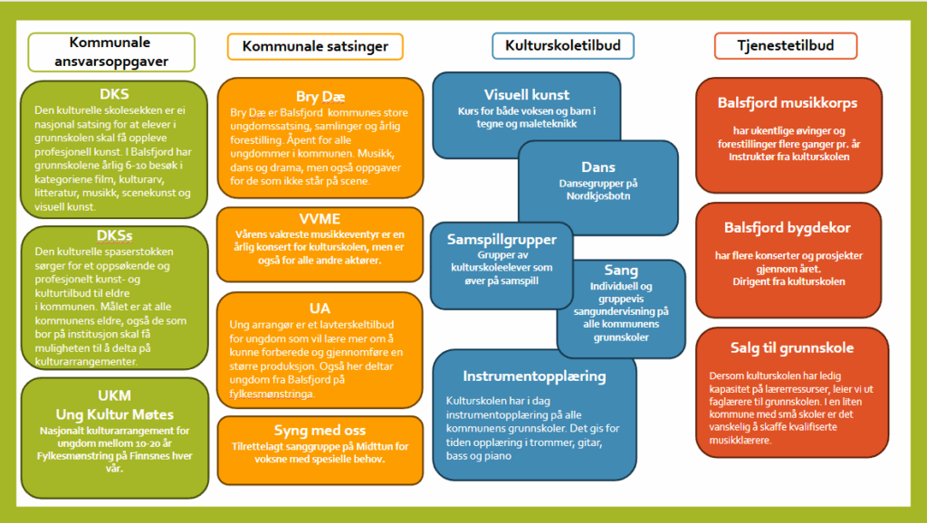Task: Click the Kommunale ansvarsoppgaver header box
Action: [111, 52]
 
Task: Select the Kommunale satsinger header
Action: [315, 46]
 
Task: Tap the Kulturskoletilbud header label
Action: [563, 45]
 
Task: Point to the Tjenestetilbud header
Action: [785, 45]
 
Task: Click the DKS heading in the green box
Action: [114, 94]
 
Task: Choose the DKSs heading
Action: [114, 235]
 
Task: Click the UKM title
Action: [114, 395]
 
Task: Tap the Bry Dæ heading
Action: [320, 96]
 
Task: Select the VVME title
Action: [320, 219]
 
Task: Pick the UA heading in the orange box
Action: [320, 309]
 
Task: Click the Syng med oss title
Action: [320, 430]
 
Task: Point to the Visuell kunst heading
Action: [527, 94]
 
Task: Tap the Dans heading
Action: [598, 167]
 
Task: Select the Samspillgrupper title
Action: [502, 240]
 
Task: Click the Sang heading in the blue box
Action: [621, 271]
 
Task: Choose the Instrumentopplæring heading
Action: [534, 376]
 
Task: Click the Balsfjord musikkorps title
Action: [788, 103]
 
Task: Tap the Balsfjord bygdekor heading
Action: [788, 227]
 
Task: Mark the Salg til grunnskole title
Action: [792, 347]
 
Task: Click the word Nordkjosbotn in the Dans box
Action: [598, 196]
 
